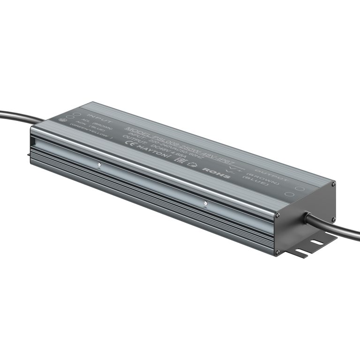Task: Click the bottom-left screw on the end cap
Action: tap(278, 252)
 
